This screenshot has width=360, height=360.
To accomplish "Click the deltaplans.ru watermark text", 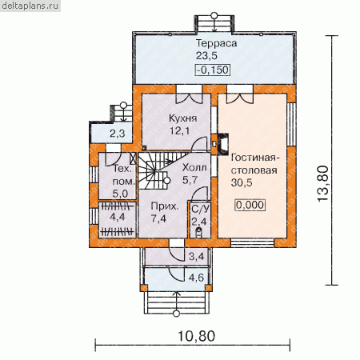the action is pyautogui.click(x=30, y=6).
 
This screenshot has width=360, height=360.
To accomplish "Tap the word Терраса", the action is pyautogui.click(x=216, y=43).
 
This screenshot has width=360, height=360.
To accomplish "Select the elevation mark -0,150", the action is pyautogui.click(x=213, y=70).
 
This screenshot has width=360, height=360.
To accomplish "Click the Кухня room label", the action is pyautogui.click(x=182, y=118).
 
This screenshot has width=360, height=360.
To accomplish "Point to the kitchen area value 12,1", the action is pyautogui.click(x=180, y=130).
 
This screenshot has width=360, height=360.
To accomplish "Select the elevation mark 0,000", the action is pyautogui.click(x=250, y=205).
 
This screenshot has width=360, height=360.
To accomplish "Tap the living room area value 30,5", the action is pyautogui.click(x=242, y=182).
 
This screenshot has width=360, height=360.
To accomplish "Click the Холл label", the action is pyautogui.click(x=194, y=167).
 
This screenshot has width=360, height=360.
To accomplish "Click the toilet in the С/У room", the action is pyautogui.click(x=198, y=233).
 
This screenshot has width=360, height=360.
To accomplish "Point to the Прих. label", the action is pyautogui.click(x=165, y=206).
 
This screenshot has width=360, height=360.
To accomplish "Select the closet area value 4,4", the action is pyautogui.click(x=117, y=217).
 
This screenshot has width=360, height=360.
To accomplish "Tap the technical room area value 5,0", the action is pyautogui.click(x=120, y=194).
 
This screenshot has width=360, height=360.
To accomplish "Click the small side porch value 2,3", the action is pyautogui.click(x=118, y=134).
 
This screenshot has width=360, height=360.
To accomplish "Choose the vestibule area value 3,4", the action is pyautogui.click(x=196, y=257).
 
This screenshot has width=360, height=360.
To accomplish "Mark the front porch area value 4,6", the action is pyautogui.click(x=196, y=278).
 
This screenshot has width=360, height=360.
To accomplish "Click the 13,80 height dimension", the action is pyautogui.click(x=323, y=184).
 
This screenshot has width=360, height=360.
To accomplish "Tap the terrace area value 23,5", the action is pyautogui.click(x=206, y=56).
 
